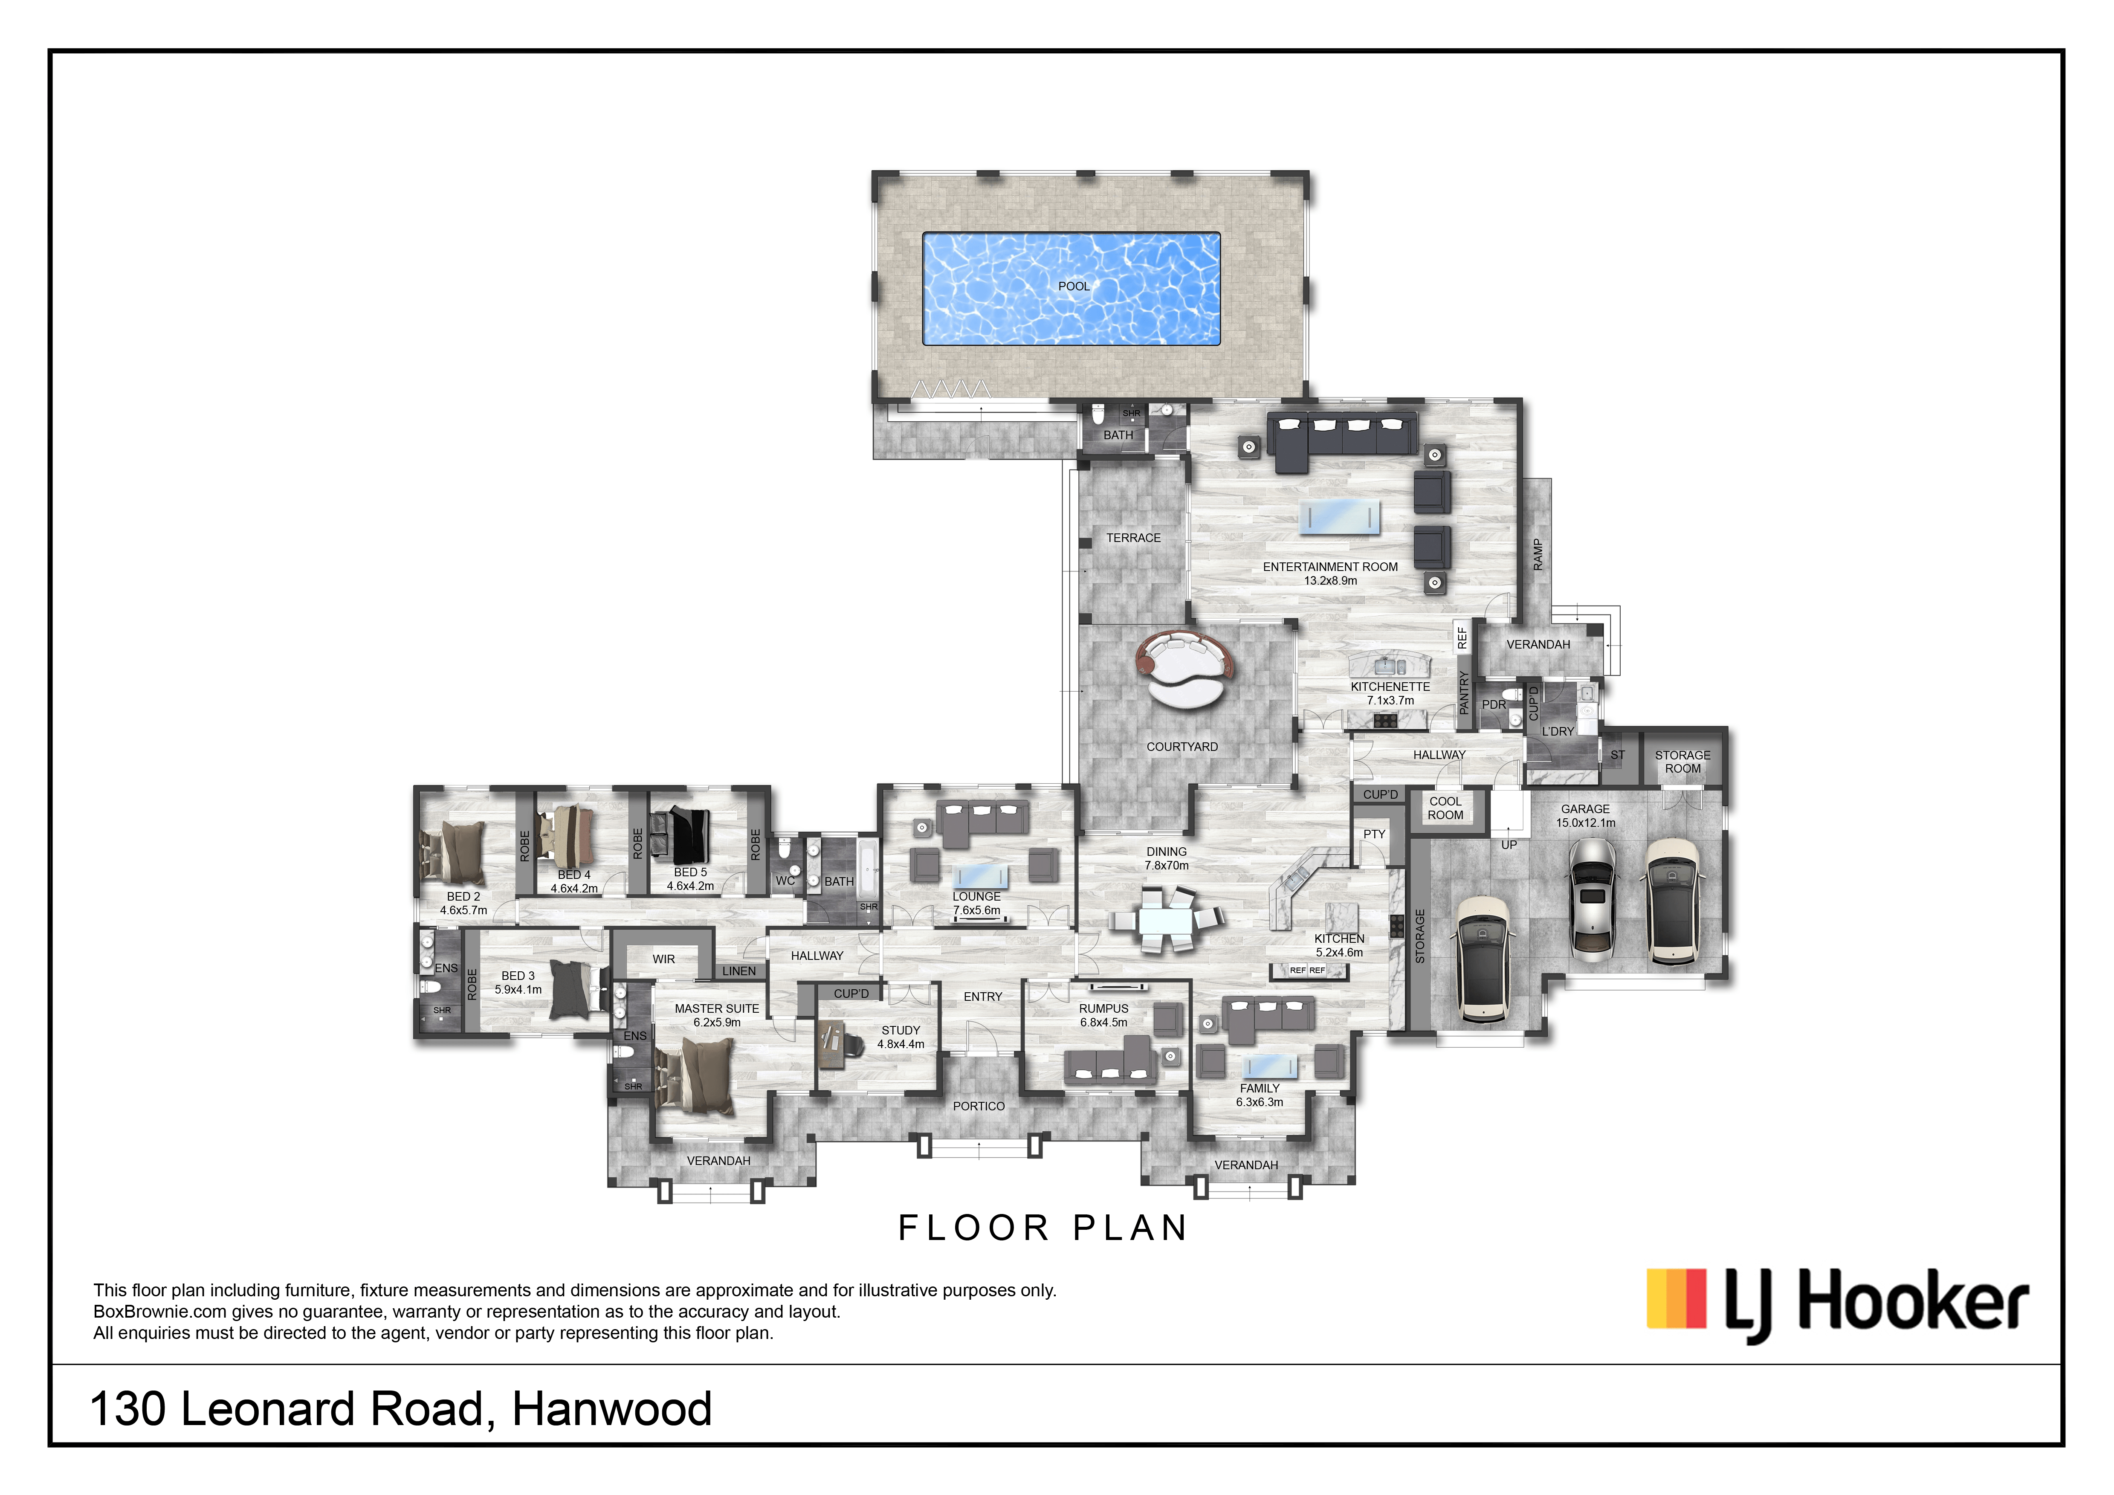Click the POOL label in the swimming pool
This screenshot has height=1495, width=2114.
coord(1074,286)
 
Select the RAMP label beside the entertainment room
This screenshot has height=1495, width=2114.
coord(1537,555)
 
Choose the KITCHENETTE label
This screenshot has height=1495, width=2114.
coord(1390,687)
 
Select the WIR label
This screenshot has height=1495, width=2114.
coord(664,959)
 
